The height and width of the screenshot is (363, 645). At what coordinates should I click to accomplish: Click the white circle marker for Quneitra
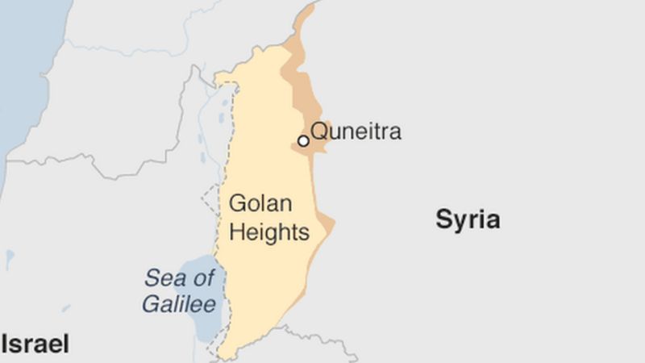[303, 141]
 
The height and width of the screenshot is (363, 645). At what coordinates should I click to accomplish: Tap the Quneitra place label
[356, 131]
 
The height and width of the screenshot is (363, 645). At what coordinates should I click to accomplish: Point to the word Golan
[260, 203]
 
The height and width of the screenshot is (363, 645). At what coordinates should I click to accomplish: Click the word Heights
[269, 233]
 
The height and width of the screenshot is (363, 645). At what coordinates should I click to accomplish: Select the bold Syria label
[468, 219]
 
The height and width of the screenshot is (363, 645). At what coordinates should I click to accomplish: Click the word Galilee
[179, 304]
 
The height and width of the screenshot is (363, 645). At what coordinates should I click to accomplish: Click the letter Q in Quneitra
[319, 131]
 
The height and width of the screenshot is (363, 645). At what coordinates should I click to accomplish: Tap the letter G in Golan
[237, 203]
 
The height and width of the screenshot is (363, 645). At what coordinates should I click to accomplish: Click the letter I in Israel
[5, 344]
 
